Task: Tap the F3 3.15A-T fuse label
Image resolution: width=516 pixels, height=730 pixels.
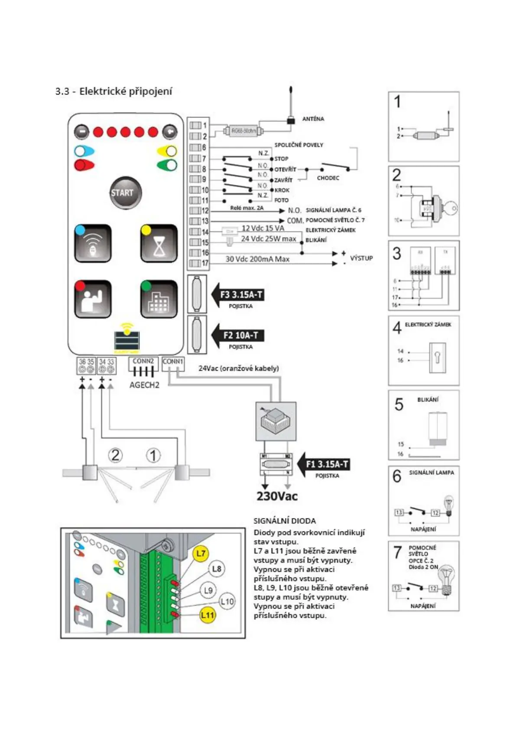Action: (241, 295)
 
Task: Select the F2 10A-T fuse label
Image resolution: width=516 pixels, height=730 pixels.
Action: (241, 335)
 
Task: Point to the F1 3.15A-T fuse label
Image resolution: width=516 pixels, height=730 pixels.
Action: (327, 464)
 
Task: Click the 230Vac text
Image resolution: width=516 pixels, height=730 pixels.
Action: (277, 496)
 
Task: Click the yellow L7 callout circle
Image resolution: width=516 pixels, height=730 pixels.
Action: (201, 554)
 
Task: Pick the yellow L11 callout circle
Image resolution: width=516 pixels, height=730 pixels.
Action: (208, 615)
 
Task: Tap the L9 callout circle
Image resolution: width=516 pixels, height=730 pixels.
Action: (208, 590)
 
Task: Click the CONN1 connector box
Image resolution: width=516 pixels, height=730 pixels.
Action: (173, 364)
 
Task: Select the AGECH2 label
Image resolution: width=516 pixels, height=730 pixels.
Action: (144, 385)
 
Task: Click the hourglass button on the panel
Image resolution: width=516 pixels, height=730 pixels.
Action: (159, 244)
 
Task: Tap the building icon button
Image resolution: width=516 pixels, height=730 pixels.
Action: (159, 299)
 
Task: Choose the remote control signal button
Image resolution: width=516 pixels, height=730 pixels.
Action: (93, 244)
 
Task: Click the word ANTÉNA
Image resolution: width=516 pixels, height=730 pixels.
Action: (313, 119)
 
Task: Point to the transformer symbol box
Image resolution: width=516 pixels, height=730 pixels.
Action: (276, 421)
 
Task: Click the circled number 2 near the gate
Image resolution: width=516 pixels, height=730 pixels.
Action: (115, 455)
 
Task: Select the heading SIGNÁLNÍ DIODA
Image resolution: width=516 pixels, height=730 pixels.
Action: (285, 521)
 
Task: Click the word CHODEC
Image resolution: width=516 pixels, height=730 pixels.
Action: (328, 178)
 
